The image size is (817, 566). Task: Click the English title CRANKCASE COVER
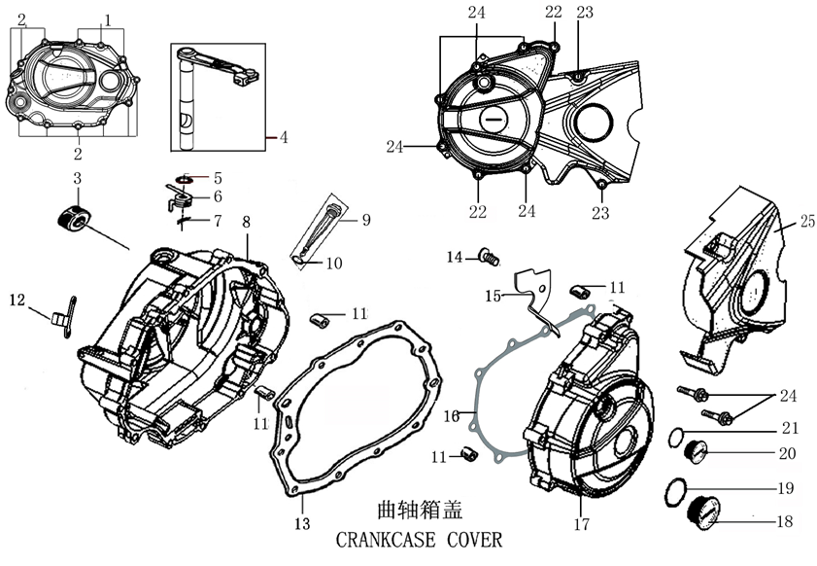click(x=421, y=539)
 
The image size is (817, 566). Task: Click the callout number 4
click(x=283, y=138)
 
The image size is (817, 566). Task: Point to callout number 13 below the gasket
click(x=302, y=524)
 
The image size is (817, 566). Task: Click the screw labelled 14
click(x=489, y=257)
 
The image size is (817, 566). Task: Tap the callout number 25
click(x=807, y=223)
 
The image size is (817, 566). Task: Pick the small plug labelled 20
click(x=694, y=451)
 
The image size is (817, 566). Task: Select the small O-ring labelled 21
click(x=678, y=434)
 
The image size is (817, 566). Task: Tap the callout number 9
click(x=366, y=220)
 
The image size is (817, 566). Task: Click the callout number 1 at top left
click(x=107, y=19)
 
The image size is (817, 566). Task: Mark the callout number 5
click(x=218, y=178)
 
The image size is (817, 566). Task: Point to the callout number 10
click(x=333, y=263)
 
